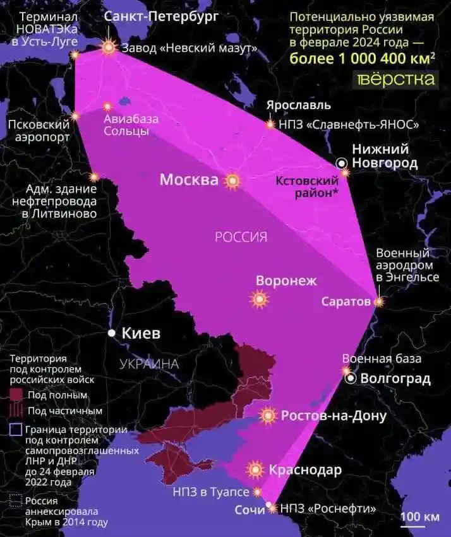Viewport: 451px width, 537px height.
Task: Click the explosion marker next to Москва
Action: [x=232, y=181]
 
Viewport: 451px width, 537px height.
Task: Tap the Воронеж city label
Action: [x=286, y=281]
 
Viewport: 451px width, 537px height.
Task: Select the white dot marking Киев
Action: [x=111, y=333]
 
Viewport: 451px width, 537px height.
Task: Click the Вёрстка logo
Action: [x=396, y=79]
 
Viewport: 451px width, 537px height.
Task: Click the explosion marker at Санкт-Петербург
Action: [x=110, y=47]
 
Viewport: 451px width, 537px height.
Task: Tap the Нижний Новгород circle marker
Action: [x=342, y=163]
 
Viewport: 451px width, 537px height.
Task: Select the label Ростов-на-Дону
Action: [x=334, y=416]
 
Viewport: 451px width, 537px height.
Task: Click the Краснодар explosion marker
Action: [x=255, y=469]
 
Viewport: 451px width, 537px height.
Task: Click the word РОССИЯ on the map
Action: [x=241, y=237]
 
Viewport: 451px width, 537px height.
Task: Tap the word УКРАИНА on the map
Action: [x=149, y=363]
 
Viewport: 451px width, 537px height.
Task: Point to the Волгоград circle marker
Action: [x=351, y=379]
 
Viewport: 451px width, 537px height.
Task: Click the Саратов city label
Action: [x=346, y=302]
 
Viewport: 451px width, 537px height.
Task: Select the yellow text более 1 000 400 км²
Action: [x=362, y=59]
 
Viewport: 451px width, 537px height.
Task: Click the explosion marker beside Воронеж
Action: [x=258, y=298]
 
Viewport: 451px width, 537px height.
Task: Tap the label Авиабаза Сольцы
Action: [x=131, y=125]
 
